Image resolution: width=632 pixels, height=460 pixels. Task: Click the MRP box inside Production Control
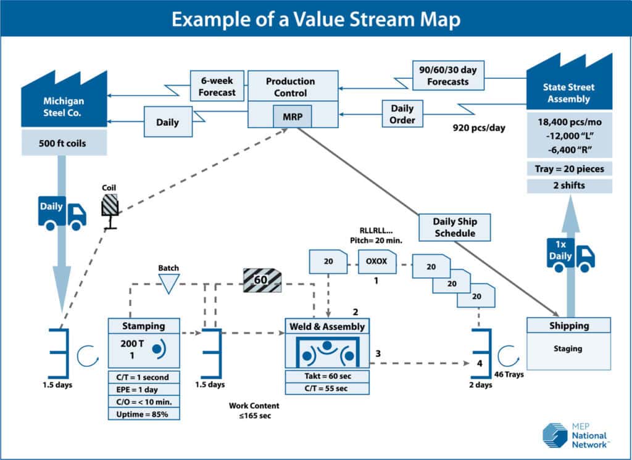[x=293, y=117]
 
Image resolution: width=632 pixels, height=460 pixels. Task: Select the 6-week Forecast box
[x=213, y=86]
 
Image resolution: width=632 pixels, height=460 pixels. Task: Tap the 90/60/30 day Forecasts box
[x=448, y=75]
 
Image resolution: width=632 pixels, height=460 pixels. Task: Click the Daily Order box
[x=402, y=114]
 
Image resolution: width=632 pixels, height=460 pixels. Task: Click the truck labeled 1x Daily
[x=570, y=253]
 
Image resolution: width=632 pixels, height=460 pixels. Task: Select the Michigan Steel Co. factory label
[x=64, y=106]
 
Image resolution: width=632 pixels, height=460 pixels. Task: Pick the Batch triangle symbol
[x=168, y=283]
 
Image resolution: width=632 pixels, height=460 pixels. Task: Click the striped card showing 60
[x=261, y=281]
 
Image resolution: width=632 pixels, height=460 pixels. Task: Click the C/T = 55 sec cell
[x=326, y=388]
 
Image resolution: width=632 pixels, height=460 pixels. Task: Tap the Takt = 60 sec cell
[x=326, y=376]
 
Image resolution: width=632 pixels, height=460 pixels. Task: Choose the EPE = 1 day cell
[x=144, y=388]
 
